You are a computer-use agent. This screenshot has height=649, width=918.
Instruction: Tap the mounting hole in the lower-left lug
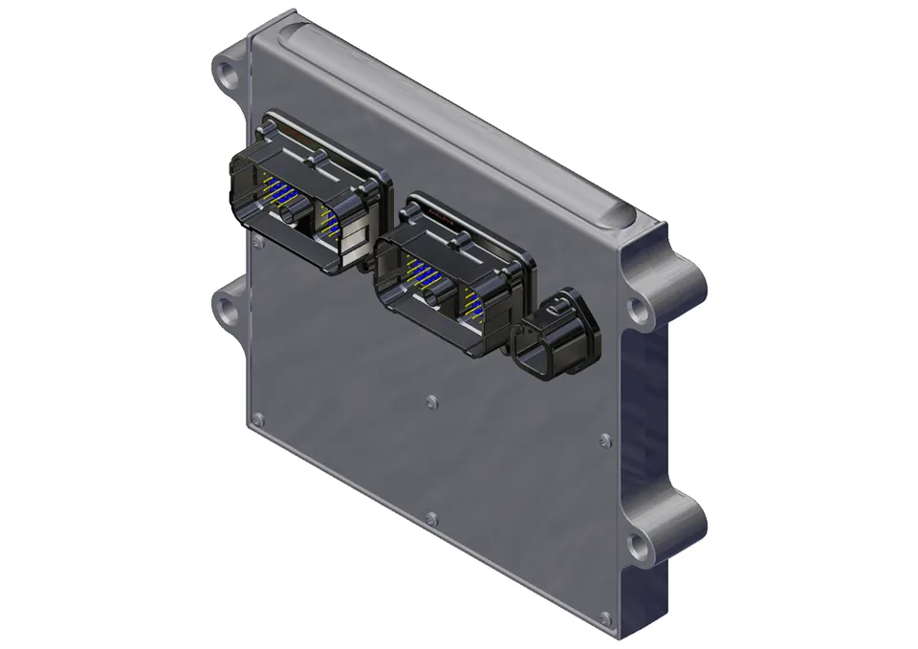click(225, 310)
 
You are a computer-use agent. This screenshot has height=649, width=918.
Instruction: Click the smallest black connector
click(557, 335)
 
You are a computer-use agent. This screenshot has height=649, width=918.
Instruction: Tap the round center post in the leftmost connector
click(289, 219)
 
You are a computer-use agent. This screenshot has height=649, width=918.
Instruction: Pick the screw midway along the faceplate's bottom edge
click(431, 519)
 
